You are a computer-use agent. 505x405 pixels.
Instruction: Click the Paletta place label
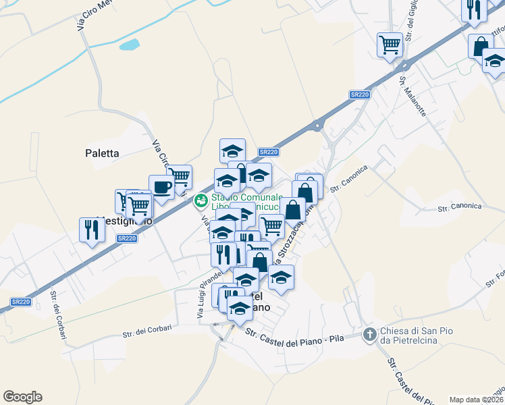pyautogui.click(x=103, y=153)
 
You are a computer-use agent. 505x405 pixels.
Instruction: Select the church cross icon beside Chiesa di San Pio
pyautogui.click(x=369, y=334)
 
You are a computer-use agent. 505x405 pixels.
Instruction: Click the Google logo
pyautogui.click(x=22, y=397)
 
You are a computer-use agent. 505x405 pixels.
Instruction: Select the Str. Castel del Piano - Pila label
pyautogui.click(x=294, y=335)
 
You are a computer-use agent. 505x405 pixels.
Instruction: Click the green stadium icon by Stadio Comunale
pyautogui.click(x=201, y=200)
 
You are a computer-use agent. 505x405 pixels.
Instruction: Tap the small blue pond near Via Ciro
pyautogui.click(x=129, y=45)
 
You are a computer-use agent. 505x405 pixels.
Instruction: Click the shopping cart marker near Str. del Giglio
pyautogui.click(x=390, y=44)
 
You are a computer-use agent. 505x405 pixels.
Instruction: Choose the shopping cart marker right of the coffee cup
pyautogui.click(x=180, y=177)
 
